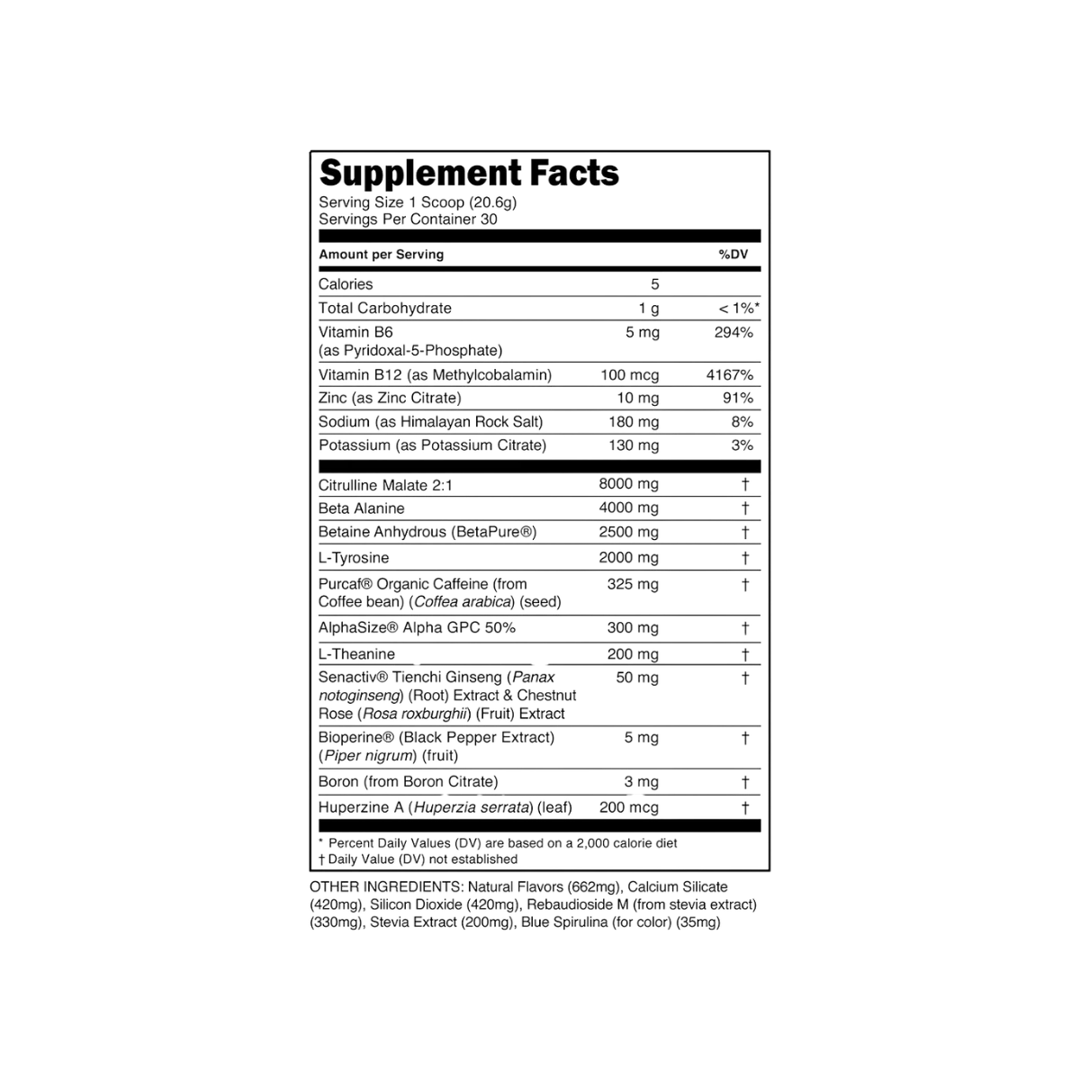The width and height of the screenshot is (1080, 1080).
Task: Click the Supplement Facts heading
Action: pyautogui.click(x=469, y=173)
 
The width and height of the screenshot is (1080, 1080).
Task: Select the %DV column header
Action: pyautogui.click(x=733, y=255)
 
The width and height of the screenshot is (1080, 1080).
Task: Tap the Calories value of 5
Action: pyautogui.click(x=654, y=284)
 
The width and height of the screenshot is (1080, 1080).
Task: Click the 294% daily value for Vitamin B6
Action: pyautogui.click(x=733, y=332)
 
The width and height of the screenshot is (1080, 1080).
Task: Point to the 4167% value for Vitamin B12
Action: pyautogui.click(x=730, y=375)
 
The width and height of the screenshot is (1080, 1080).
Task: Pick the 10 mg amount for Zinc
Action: pyautogui.click(x=638, y=398)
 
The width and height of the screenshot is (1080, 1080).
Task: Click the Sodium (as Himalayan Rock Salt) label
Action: pyautogui.click(x=430, y=422)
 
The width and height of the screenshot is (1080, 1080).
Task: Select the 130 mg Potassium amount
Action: pyautogui.click(x=634, y=445)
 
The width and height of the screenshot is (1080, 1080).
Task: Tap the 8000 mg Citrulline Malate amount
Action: pyautogui.click(x=629, y=483)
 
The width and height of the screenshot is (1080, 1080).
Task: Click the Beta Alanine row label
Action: pyautogui.click(x=362, y=508)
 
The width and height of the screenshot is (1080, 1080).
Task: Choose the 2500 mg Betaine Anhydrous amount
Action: pyautogui.click(x=629, y=532)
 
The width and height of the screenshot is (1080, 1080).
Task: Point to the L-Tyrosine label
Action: pyautogui.click(x=354, y=558)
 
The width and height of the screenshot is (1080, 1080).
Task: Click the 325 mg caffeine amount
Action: pyautogui.click(x=633, y=584)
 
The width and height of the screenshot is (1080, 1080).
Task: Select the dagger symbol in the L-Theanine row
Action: pyautogui.click(x=745, y=654)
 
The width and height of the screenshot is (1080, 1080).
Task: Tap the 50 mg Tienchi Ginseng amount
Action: pyautogui.click(x=637, y=678)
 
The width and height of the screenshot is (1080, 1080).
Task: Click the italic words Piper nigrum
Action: pyautogui.click(x=369, y=755)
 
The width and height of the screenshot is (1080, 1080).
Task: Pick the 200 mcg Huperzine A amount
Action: pyautogui.click(x=629, y=807)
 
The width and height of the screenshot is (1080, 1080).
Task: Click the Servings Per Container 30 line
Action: pyautogui.click(x=408, y=219)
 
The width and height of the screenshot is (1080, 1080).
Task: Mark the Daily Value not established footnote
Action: pyautogui.click(x=418, y=859)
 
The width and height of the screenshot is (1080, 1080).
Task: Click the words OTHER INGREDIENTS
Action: pyautogui.click(x=385, y=887)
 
